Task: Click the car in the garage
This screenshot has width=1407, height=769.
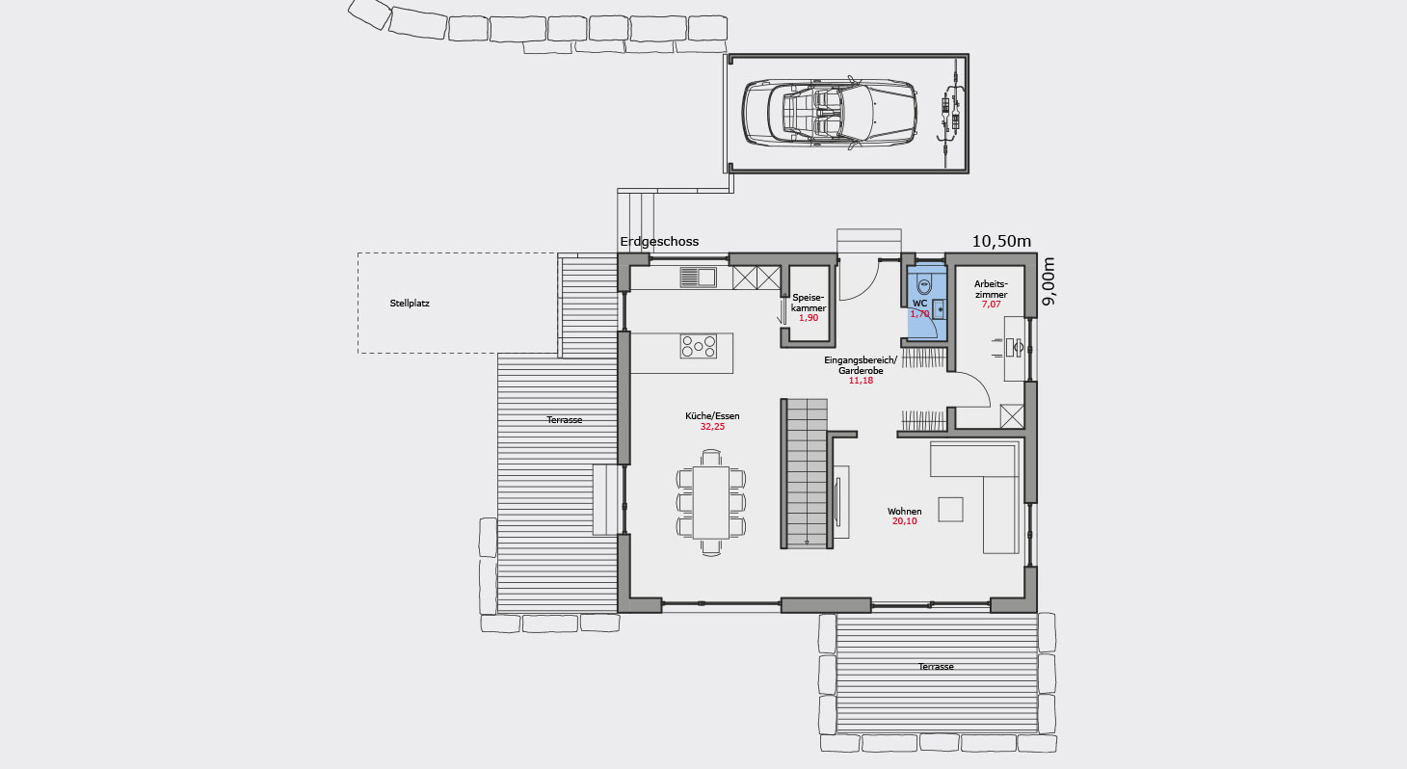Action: click(829, 113)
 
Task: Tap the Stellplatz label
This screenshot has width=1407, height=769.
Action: click(410, 304)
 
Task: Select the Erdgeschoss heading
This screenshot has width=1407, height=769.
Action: click(659, 242)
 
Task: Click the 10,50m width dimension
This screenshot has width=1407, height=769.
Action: click(1002, 241)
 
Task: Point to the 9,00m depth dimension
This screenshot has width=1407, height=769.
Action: click(1049, 281)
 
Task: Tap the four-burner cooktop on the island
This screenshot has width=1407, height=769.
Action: click(699, 346)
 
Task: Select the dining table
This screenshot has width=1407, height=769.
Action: click(711, 503)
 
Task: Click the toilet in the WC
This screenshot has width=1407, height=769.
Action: click(924, 285)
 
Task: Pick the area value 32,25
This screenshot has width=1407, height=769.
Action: click(712, 427)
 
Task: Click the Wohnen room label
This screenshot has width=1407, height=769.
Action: click(905, 512)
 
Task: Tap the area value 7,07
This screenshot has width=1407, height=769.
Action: click(992, 305)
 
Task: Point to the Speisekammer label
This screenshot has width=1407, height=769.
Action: click(810, 303)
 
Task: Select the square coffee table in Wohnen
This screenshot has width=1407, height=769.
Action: click(951, 510)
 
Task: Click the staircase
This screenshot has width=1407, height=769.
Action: click(808, 474)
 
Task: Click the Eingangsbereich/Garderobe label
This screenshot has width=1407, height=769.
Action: click(861, 365)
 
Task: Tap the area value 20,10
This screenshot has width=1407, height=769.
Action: click(905, 521)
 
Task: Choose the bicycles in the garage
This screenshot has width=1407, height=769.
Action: click(950, 113)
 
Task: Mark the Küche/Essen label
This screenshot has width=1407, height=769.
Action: click(712, 416)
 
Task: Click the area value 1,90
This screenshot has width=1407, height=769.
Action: click(809, 318)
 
